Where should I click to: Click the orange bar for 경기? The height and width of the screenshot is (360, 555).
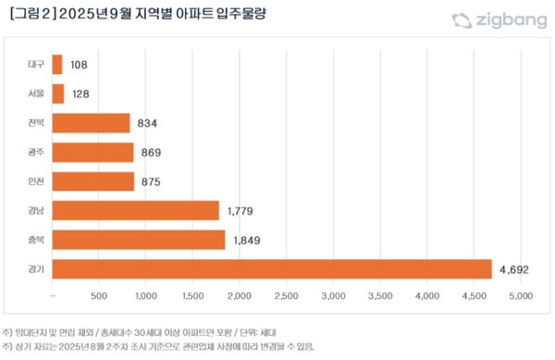(x=272, y=268)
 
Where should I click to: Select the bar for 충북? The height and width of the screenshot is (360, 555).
(x=139, y=240)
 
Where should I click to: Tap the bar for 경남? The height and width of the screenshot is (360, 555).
(x=136, y=210)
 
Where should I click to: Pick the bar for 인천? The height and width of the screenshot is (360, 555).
(x=93, y=181)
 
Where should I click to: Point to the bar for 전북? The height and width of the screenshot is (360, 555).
(x=92, y=123)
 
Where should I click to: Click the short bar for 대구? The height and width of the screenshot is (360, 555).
(x=57, y=65)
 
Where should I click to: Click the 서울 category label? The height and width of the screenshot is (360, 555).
(x=36, y=94)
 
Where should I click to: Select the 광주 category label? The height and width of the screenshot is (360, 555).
(x=36, y=153)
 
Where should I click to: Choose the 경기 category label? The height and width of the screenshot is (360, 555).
(x=36, y=269)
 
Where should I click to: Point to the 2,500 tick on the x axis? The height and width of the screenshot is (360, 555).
(x=286, y=297)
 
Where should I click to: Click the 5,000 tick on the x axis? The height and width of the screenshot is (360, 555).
(x=520, y=297)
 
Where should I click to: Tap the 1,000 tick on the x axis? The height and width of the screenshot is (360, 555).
(x=146, y=297)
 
